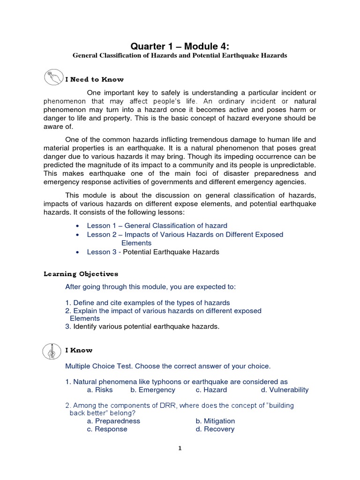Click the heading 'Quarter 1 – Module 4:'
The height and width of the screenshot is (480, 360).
click(180, 45)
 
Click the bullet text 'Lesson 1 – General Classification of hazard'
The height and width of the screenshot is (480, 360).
click(157, 225)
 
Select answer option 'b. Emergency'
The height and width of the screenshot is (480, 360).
click(153, 390)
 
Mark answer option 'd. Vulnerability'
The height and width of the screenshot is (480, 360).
click(285, 390)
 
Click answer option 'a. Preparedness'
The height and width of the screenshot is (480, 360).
click(113, 421)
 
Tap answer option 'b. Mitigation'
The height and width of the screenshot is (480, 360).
click(215, 421)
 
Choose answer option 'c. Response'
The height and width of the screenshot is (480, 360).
click(107, 429)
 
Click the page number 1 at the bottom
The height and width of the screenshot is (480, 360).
click(180, 448)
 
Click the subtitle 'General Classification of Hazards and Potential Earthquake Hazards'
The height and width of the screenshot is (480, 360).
click(180, 56)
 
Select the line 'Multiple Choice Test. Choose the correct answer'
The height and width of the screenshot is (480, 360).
click(168, 365)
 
